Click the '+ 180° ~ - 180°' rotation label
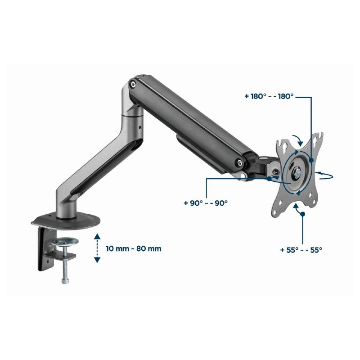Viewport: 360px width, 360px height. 269,96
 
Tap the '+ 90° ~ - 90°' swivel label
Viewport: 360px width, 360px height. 206,203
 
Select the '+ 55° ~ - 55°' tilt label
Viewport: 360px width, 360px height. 301,250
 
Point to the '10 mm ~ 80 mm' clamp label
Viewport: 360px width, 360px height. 133,249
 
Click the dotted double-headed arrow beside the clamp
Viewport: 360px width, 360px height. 97,248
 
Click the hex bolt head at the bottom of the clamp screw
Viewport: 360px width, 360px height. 65,281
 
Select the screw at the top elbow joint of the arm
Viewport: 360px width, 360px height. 132,84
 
